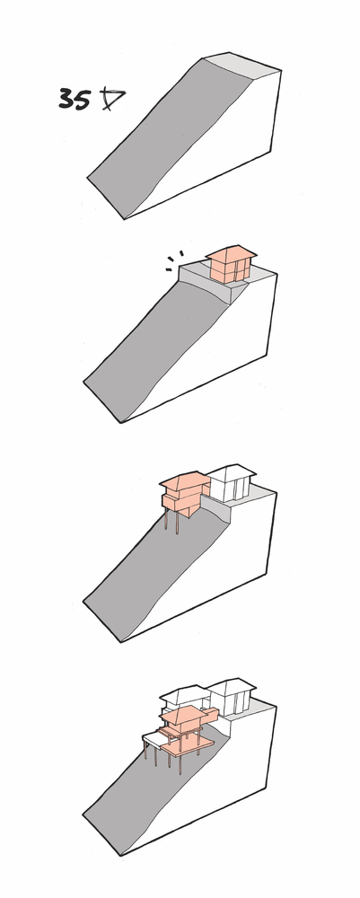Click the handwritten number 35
tap(75, 99)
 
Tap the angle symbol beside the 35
tap(111, 99)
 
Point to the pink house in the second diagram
tap(230, 264)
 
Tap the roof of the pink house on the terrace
tap(232, 252)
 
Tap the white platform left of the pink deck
tap(154, 741)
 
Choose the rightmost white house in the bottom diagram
tap(232, 696)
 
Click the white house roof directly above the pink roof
tap(183, 695)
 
